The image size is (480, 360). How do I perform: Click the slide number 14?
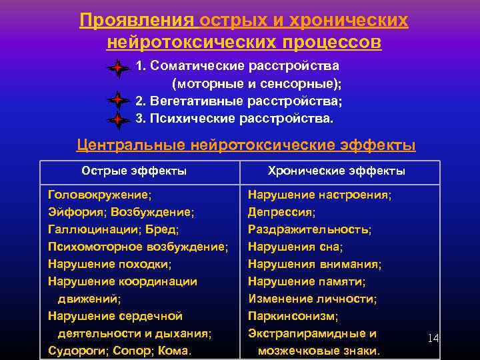[x=433, y=339]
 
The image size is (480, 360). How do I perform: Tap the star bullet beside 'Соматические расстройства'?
[x=118, y=68]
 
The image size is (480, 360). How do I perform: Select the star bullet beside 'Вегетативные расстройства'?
[x=118, y=101]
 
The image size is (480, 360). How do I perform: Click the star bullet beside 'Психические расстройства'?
[x=118, y=120]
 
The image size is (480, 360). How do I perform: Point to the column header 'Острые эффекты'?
[x=134, y=171]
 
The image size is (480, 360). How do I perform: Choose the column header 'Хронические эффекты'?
[x=336, y=171]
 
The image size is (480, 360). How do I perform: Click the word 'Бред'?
[x=165, y=229]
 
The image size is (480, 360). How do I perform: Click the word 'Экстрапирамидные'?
[x=306, y=333]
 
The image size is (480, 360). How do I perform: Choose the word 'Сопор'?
[x=131, y=351]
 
